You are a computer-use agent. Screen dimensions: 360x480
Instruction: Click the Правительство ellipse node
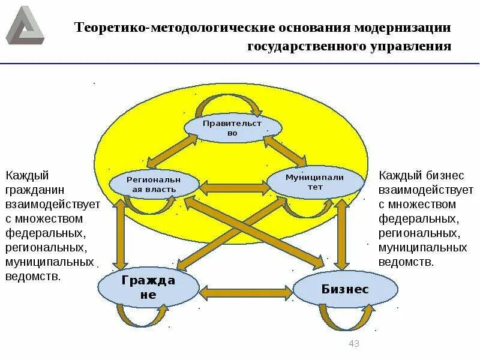coord(232,128)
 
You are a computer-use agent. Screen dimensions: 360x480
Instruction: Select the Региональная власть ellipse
coord(154,185)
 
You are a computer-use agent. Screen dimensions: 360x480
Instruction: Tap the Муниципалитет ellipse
coord(315,182)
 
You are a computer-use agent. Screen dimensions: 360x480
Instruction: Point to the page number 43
coord(353,344)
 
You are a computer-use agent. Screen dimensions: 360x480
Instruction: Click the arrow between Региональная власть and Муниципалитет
coord(233,188)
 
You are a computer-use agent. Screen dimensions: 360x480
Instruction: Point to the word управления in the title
coord(413,46)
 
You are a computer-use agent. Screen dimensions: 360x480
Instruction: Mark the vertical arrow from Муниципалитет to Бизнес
coord(343,234)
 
